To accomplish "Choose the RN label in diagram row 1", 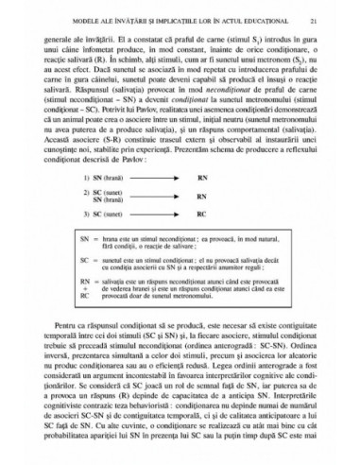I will coord(254,178).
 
